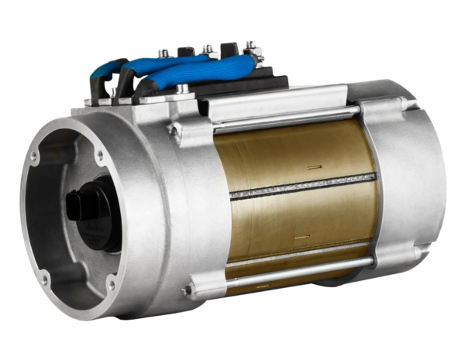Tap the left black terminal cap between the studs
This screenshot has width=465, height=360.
tap(185, 53)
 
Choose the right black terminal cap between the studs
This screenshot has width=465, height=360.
tap(229, 50)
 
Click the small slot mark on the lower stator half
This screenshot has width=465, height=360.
tap(304, 235)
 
